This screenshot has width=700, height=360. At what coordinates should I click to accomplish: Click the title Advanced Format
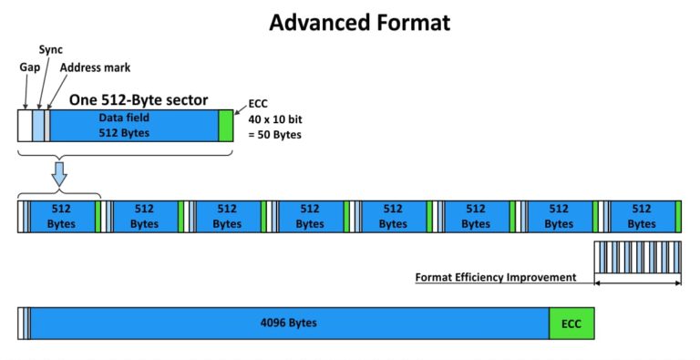[359, 22]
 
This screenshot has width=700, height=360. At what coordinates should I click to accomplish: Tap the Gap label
[28, 67]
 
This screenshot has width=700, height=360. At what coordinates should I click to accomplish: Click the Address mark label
[95, 67]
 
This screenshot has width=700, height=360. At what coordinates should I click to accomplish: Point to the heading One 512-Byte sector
[139, 99]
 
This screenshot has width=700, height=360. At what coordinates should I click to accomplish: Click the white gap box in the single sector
[25, 125]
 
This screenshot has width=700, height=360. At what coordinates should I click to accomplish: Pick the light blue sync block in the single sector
[37, 125]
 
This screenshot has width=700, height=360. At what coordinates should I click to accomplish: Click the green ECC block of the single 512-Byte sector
[226, 125]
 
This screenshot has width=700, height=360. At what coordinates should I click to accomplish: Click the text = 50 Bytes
[273, 135]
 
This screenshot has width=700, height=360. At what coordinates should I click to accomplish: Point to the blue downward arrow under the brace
[59, 174]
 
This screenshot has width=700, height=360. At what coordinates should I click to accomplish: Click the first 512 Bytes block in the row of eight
[61, 216]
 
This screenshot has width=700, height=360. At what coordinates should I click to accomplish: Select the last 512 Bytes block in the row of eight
[641, 216]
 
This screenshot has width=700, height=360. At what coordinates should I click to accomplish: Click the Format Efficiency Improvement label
[496, 277]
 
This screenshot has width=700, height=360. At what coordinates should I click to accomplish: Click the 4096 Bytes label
[288, 324]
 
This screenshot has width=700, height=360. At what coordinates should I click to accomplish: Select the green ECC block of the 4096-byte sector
[571, 324]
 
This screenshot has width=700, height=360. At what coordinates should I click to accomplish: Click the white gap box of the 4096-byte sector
[21, 324]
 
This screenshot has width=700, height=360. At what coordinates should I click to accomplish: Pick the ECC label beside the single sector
[259, 104]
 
